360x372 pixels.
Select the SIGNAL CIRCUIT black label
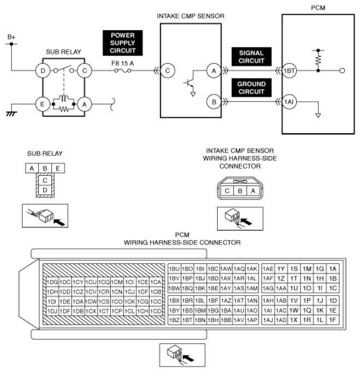coord(251,57)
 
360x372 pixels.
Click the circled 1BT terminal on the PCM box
coord(289,70)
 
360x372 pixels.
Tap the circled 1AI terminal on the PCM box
coord(289,101)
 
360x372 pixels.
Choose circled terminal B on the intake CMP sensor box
coord(213,101)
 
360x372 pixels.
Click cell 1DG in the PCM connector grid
coord(52,282)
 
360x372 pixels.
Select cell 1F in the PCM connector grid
coord(333,320)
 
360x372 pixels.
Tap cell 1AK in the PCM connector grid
coord(251,269)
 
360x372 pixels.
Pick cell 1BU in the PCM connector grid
coord(175,269)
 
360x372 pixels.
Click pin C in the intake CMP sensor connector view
coord(226,191)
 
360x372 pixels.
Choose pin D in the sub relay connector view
coord(46,189)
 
